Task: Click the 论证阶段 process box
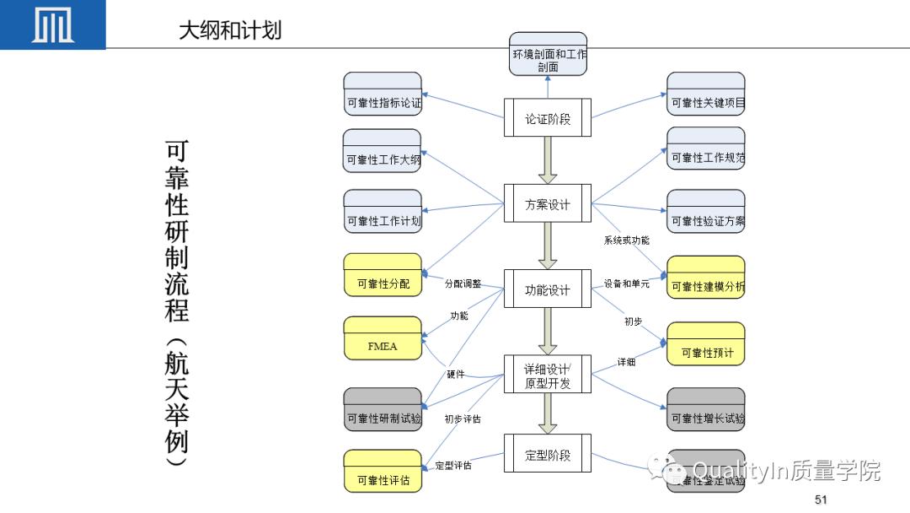pyautogui.click(x=548, y=118)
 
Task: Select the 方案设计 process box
pyautogui.click(x=548, y=204)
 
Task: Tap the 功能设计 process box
pyautogui.click(x=548, y=289)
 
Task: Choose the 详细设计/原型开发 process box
pyautogui.click(x=548, y=375)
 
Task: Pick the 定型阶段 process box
pyautogui.click(x=548, y=454)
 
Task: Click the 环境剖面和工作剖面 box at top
pyautogui.click(x=549, y=54)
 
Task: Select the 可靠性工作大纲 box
pyautogui.click(x=383, y=150)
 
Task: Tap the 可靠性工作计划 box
pyautogui.click(x=383, y=211)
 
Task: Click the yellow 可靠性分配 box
pyautogui.click(x=383, y=275)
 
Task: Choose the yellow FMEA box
pyautogui.click(x=383, y=337)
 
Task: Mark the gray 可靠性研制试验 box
pyautogui.click(x=383, y=409)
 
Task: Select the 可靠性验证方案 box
pyautogui.click(x=706, y=211)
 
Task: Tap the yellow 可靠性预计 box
pyautogui.click(x=706, y=344)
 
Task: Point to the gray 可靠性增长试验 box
pyautogui.click(x=706, y=409)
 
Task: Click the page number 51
pyautogui.click(x=822, y=500)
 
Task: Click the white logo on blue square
pyautogui.click(x=52, y=24)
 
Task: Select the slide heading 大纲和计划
pyautogui.click(x=230, y=30)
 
